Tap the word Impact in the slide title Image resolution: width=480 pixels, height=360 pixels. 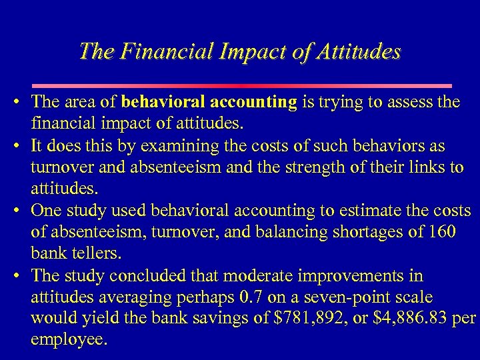tap(244, 51)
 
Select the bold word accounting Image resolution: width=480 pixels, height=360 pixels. tap(253, 102)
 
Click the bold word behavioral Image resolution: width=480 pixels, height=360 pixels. tap(163, 102)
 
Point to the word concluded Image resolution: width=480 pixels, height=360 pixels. tap(149, 276)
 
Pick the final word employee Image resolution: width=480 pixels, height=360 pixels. tap(69, 340)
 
